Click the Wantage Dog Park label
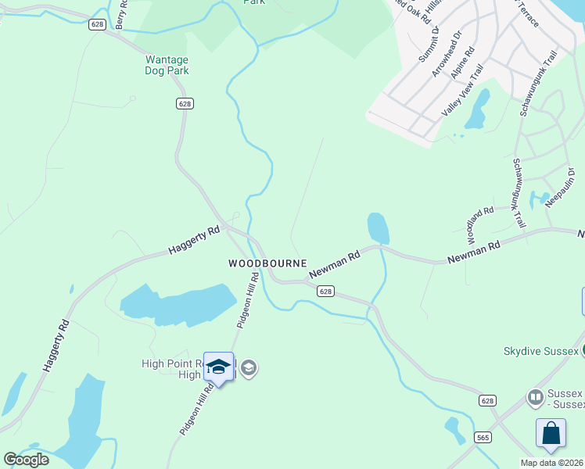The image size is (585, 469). coord(167,64)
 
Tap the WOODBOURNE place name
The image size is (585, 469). coord(267,263)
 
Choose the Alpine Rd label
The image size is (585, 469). coord(463,63)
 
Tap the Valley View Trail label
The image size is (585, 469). coord(462,91)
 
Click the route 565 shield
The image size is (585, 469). coord(483,438)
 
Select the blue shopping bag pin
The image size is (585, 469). coord(551,434)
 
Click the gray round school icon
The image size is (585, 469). coord(249,368)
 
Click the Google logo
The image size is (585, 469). coord(26,460)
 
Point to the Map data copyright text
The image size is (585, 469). coord(551,463)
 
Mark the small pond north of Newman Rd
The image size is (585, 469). coord(378,227)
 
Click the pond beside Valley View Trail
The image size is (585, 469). coord(477,109)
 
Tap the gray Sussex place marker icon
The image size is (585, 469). coord(536,397)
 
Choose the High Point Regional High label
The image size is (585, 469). coord(173,369)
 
